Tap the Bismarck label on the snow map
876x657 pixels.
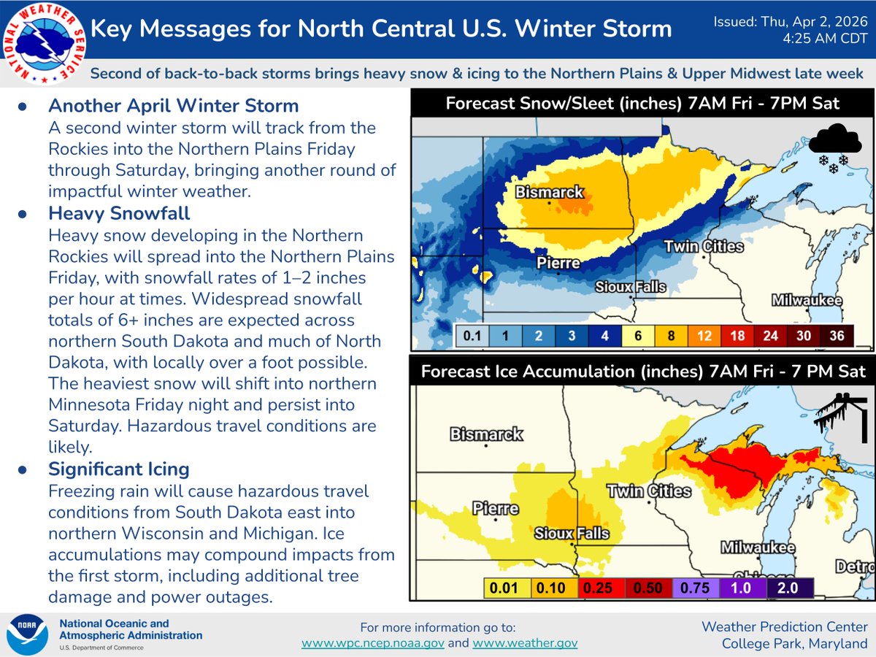point(550,192)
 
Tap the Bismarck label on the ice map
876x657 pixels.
point(486,434)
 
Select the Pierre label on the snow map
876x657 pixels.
point(558,263)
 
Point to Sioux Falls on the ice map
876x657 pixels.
point(572,533)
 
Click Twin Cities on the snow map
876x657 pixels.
point(703,247)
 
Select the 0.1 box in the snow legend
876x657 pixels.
point(471,337)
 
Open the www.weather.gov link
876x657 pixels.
point(525,642)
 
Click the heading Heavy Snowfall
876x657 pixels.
point(119,213)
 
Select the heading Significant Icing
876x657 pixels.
point(119,468)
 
